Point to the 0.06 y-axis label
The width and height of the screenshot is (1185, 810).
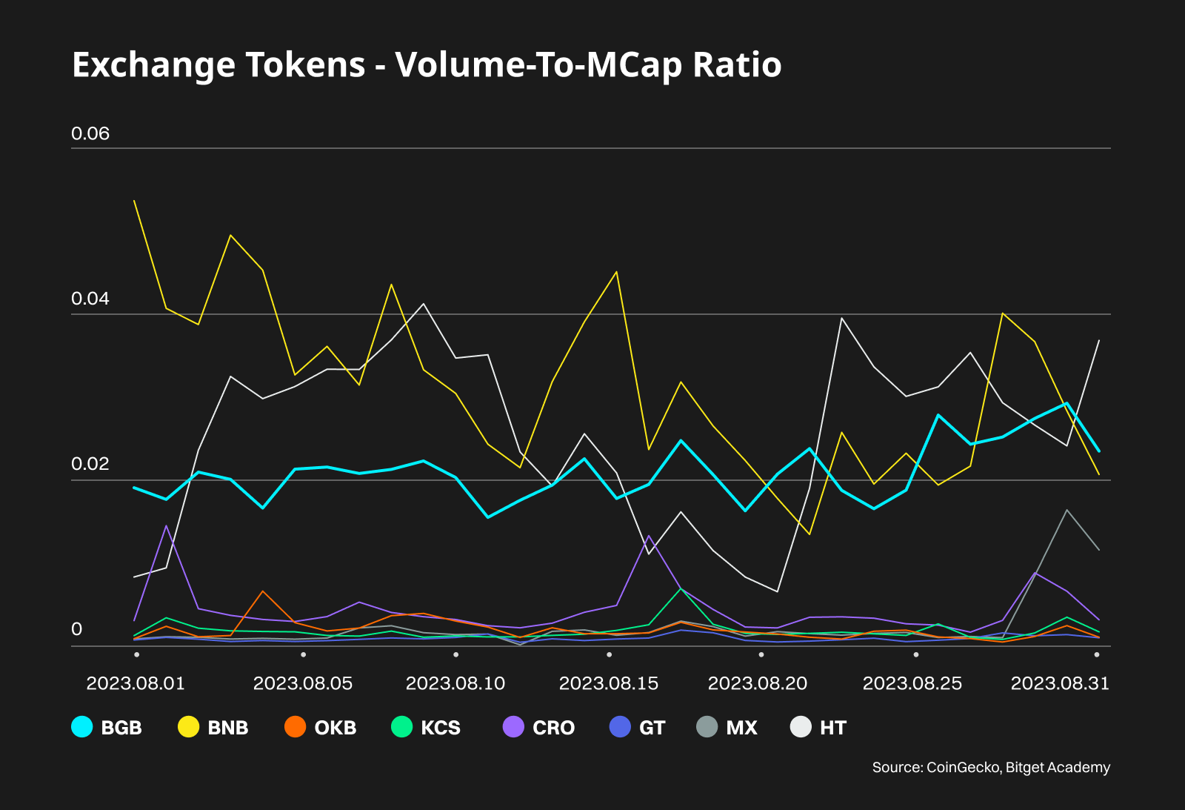[90, 133]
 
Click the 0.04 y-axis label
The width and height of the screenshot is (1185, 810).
[90, 299]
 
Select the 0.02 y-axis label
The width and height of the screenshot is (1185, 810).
[90, 464]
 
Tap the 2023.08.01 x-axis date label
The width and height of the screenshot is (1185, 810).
[136, 683]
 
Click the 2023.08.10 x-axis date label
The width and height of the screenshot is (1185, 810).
[455, 683]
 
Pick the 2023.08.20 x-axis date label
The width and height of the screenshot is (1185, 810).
[758, 683]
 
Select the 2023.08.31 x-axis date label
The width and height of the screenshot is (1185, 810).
[1060, 683]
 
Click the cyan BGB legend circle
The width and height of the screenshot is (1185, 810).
[82, 727]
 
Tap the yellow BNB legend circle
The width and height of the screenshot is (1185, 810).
[189, 727]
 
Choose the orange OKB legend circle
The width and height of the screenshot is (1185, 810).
[296, 727]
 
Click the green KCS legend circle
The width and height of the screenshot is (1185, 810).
[401, 727]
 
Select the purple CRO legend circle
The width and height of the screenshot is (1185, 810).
[513, 727]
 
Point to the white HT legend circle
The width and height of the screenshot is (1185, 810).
[801, 727]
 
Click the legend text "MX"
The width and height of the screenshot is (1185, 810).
[741, 728]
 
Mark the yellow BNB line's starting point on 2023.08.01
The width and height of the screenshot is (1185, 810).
[134, 201]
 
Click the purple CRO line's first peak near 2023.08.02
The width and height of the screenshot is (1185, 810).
[167, 526]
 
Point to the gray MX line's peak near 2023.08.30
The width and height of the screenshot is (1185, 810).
[1066, 510]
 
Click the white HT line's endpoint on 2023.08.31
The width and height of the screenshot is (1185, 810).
[1099, 340]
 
